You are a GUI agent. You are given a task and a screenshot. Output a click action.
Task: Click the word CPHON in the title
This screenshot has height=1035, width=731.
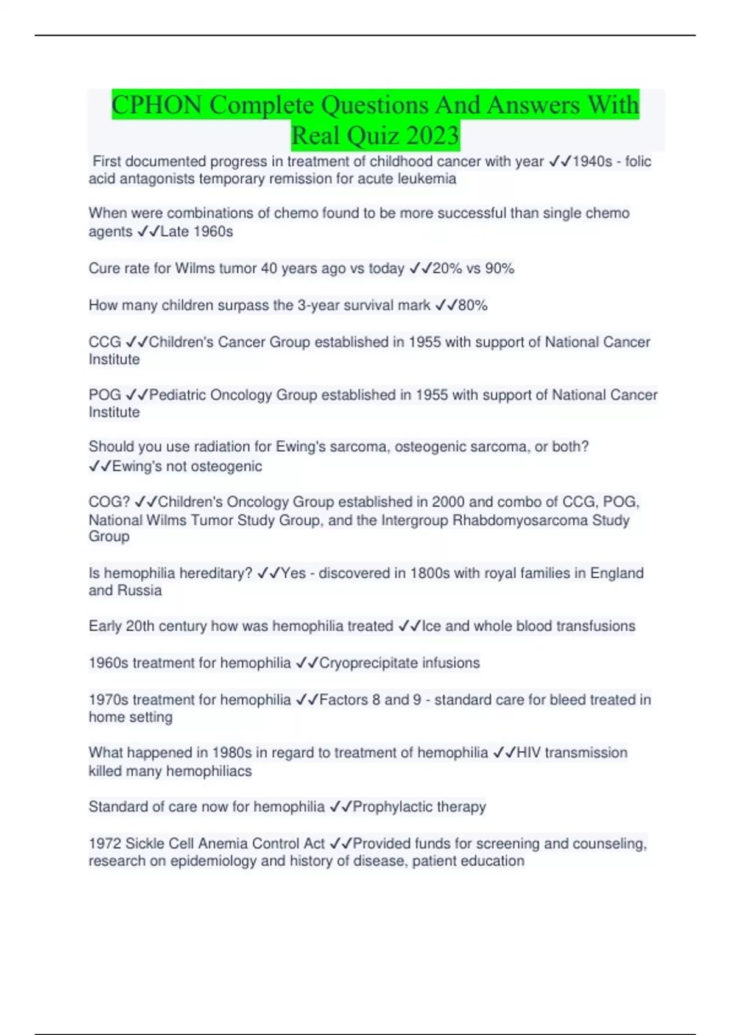pos(157,105)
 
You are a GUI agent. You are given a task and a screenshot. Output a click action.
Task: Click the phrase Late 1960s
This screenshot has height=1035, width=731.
pos(196,231)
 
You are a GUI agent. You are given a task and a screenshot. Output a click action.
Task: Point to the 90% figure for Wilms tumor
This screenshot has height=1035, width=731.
pos(500,268)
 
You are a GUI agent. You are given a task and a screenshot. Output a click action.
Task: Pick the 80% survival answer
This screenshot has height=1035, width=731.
pos(473,305)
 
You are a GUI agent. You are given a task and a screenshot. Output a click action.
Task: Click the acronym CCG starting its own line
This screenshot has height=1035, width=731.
pos(105,342)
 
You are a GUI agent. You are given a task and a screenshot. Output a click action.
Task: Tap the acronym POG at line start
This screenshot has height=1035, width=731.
pos(105,395)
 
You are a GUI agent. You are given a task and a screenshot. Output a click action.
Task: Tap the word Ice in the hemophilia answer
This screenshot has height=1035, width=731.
pos(431,626)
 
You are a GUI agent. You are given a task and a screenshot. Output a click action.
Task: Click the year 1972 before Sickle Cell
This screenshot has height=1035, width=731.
pos(105,843)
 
